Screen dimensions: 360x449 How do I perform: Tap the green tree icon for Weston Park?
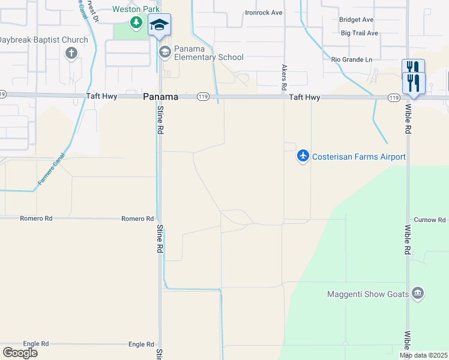click(136, 23)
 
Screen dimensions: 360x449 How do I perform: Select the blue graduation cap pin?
click(159, 25)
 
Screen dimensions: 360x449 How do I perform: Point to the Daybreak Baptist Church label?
click(43, 40)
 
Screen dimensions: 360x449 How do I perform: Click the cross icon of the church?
click(71, 53)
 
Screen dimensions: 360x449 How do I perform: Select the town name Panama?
click(160, 97)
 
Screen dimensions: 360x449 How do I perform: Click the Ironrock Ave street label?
click(264, 13)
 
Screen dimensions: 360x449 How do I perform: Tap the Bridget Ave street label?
click(356, 20)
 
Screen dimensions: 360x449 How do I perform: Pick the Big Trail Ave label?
click(359, 33)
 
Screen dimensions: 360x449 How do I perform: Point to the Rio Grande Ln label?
click(352, 59)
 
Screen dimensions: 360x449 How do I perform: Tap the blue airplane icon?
click(303, 157)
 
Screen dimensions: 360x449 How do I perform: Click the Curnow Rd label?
click(429, 220)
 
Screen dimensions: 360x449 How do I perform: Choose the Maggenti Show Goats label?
click(368, 294)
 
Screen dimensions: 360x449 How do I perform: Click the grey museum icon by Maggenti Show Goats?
click(418, 293)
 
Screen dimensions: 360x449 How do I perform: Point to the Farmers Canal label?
click(50, 173)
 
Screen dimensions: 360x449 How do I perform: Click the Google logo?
click(20, 352)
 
